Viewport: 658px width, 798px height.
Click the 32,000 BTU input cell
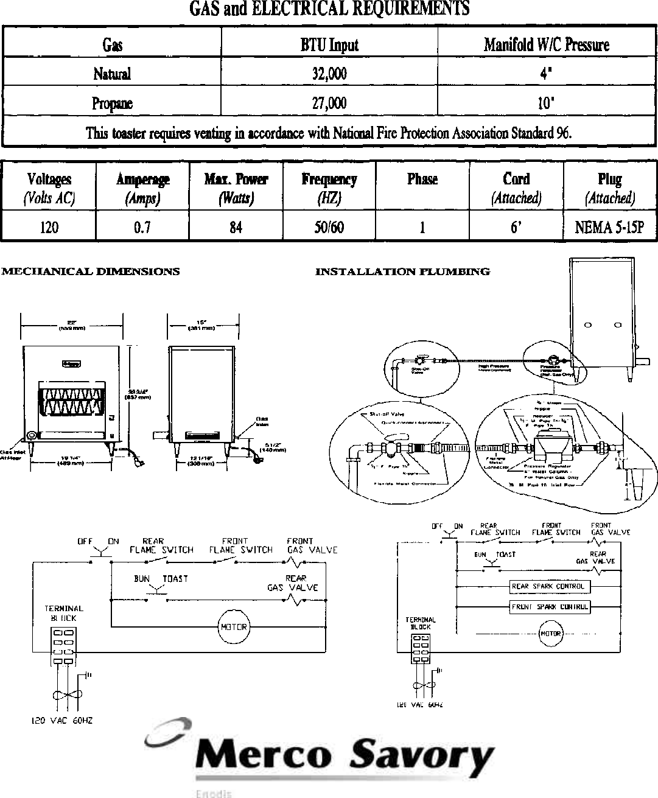pyautogui.click(x=329, y=74)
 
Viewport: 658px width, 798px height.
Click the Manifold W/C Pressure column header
pyautogui.click(x=546, y=45)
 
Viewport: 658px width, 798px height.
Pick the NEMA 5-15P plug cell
pyautogui.click(x=609, y=228)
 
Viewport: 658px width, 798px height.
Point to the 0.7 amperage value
pyautogui.click(x=142, y=228)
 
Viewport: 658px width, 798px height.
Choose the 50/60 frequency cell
pyautogui.click(x=329, y=228)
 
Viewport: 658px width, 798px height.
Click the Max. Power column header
pyautogui.click(x=236, y=179)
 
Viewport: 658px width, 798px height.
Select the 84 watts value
pyautogui.click(x=236, y=228)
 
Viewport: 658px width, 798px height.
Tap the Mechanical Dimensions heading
pyautogui.click(x=91, y=271)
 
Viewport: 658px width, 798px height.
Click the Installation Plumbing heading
pyautogui.click(x=402, y=271)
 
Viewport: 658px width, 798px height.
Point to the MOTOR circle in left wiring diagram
pyautogui.click(x=234, y=627)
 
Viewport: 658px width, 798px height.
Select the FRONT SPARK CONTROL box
pyautogui.click(x=549, y=607)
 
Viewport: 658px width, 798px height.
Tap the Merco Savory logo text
pyautogui.click(x=344, y=757)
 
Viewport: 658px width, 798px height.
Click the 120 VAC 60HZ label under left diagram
pyautogui.click(x=62, y=721)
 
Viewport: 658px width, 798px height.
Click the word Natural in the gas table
pyautogui.click(x=112, y=74)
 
